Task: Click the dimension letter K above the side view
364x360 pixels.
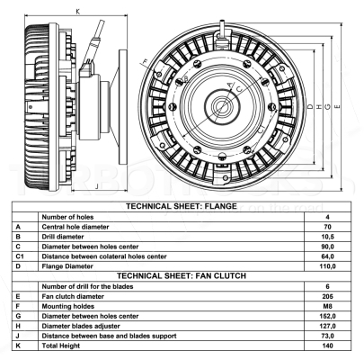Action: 78,12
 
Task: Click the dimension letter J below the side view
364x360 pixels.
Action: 96,186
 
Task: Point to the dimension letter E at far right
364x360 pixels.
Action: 337,106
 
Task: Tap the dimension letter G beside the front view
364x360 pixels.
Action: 328,106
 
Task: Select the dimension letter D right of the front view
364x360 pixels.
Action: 310,106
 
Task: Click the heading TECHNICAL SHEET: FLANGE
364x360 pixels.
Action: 182,206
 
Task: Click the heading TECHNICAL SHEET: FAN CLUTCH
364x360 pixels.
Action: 182,275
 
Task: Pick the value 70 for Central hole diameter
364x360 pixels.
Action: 327,227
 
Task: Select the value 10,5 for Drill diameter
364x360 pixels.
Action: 327,237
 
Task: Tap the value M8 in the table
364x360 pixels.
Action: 327,306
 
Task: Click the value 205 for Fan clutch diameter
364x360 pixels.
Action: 327,296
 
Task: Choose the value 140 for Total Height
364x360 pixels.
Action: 327,346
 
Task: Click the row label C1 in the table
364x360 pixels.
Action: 20,256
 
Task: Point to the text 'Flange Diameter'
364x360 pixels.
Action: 67,266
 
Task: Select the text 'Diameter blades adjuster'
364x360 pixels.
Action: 81,326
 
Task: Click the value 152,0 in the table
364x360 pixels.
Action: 327,316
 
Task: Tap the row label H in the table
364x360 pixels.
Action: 18,326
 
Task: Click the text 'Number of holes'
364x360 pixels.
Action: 67,217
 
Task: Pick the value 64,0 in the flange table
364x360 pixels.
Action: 327,256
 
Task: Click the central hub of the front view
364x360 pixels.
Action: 222,106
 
